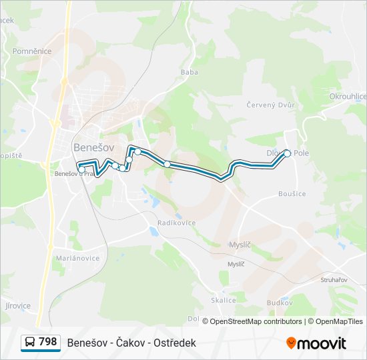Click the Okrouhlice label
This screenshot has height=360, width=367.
pos(348,97)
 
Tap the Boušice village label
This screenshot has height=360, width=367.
pos(292,193)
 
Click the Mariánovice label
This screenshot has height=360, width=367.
pos(77,258)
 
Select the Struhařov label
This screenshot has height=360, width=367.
pos(334,280)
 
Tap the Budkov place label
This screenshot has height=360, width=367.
pos(280,302)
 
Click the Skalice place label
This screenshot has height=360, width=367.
pos(224,300)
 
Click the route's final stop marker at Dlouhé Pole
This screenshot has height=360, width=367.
pos(288,153)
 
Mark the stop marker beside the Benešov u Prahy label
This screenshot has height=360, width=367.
pos(82,169)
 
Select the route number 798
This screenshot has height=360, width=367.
pos(48,342)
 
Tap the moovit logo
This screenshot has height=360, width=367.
pos(316,343)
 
